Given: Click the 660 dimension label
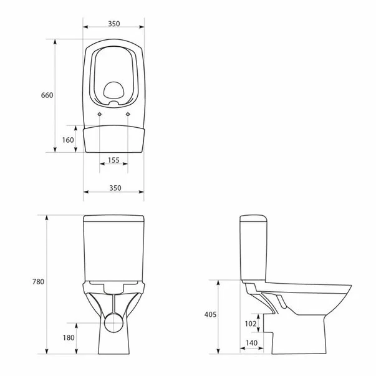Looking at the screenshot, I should click(47, 95).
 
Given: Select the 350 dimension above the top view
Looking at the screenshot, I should click(113, 24).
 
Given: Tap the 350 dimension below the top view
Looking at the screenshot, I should click(113, 188).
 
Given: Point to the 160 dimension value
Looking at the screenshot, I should click(67, 140).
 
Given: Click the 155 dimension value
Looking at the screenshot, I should click(113, 160).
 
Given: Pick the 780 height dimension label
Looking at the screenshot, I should click(38, 282).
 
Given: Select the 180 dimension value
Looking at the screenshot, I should click(68, 337).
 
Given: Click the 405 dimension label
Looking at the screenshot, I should click(210, 315).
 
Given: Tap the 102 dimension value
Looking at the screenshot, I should click(250, 324).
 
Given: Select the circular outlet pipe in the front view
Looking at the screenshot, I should click(113, 322).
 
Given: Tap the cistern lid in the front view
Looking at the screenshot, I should click(113, 219).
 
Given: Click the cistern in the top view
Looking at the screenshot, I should click(113, 138).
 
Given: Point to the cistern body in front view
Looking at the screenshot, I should click(113, 253).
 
